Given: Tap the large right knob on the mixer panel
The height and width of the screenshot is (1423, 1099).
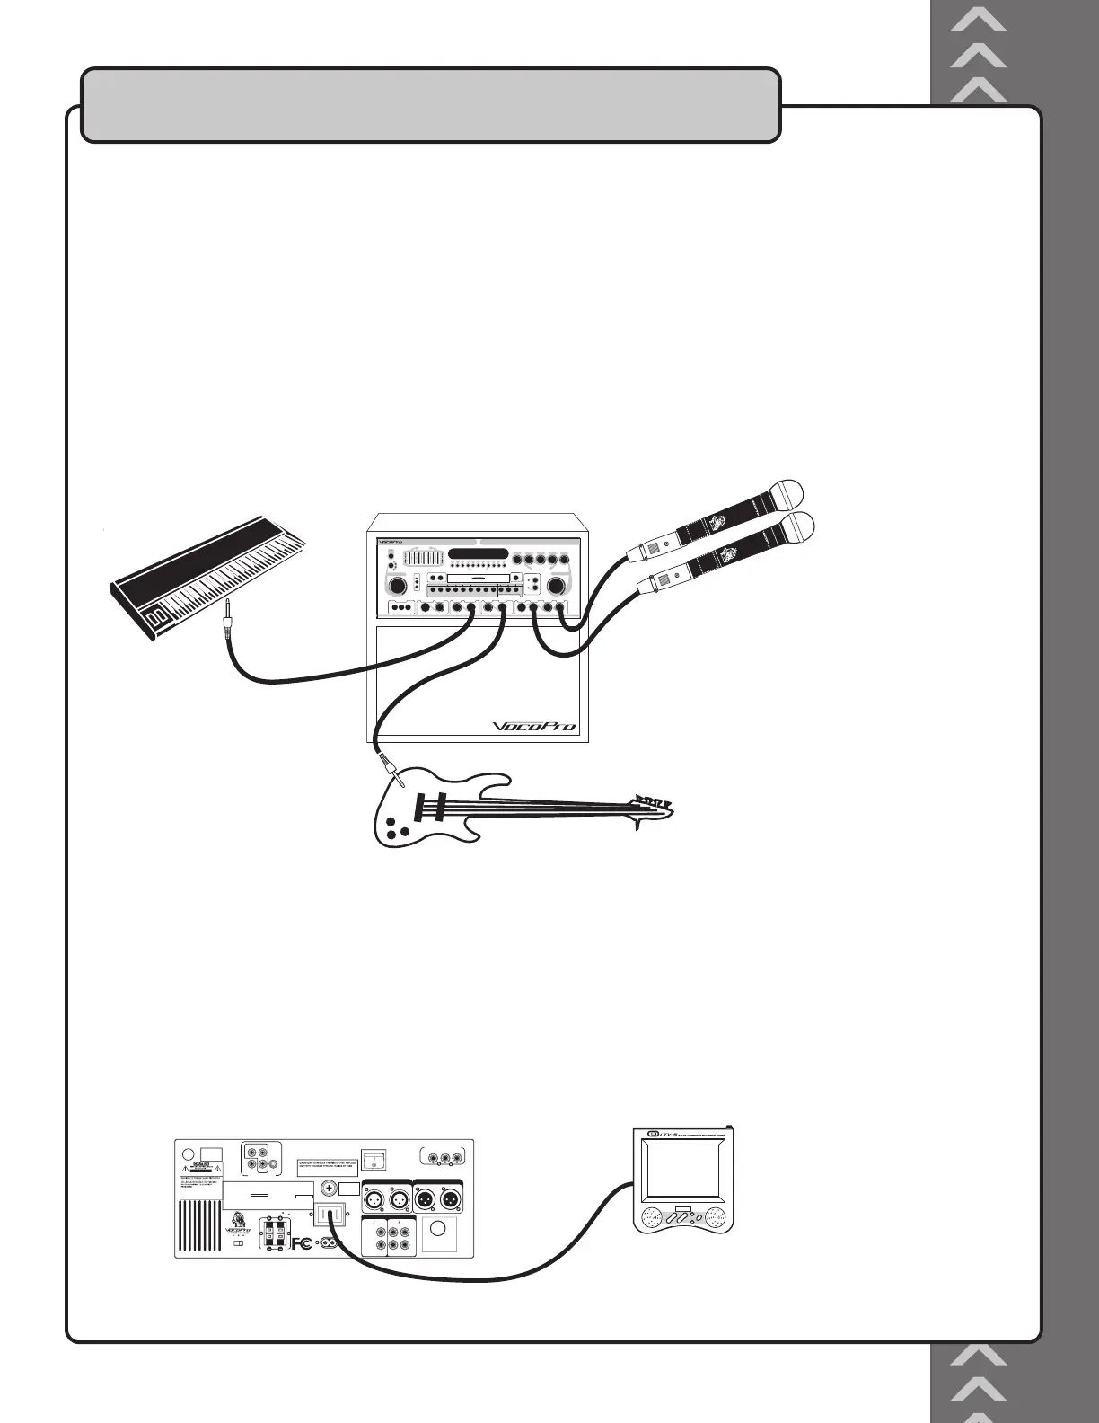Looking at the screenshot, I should pyautogui.click(x=557, y=586).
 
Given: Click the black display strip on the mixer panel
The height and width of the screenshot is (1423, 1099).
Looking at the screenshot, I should pyautogui.click(x=479, y=554).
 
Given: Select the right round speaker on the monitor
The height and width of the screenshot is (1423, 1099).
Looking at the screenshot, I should pyautogui.click(x=716, y=1218).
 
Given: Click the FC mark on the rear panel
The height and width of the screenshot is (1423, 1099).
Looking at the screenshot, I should pyautogui.click(x=302, y=1243).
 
